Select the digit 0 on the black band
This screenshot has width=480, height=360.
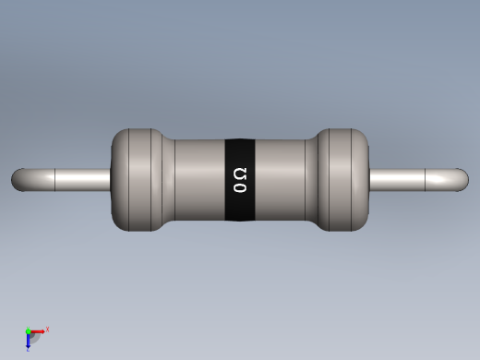coord(240,187)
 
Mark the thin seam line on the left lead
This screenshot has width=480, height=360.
coord(56,179)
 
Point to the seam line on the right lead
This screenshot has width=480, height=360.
coord(423,179)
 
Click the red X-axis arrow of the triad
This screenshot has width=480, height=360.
coord(38,330)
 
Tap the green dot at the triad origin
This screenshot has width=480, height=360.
coord(29,330)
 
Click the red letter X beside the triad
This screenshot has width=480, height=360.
coord(47,329)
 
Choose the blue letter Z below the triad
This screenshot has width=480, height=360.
coord(29,349)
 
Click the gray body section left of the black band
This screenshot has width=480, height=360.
coord(198,180)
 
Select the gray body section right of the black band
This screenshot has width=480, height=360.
coord(282,180)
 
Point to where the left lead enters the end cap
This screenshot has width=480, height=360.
coord(111,179)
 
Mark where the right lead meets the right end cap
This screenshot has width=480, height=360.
coord(369,179)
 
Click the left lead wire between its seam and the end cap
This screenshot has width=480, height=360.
coord(83,179)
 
